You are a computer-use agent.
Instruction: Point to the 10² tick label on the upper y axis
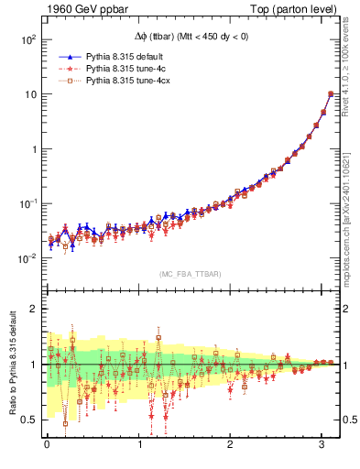27,40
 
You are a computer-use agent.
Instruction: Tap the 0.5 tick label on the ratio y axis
28,420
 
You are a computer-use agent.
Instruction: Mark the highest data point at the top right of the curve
330,94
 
